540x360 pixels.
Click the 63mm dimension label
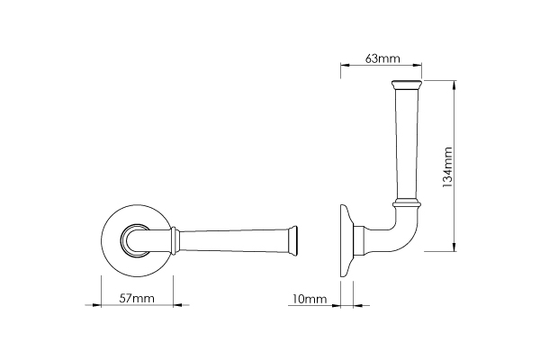(382, 58)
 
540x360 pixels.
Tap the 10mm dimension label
(309, 298)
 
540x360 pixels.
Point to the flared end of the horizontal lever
(292, 239)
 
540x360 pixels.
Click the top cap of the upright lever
(404, 85)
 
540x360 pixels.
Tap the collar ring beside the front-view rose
(174, 239)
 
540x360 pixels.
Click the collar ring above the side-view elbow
(405, 201)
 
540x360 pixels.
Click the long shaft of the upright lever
(404, 144)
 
